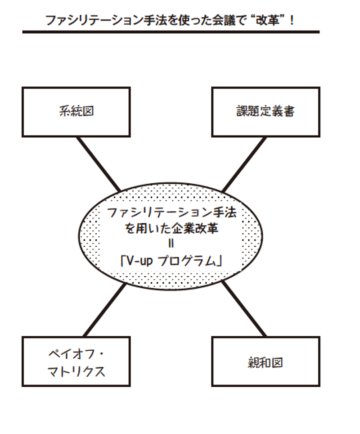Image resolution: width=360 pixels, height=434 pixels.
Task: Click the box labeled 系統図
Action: (76, 112)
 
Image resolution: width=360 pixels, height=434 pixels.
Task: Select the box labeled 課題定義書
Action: (265, 112)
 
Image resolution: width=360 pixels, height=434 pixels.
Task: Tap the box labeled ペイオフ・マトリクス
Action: (76, 361)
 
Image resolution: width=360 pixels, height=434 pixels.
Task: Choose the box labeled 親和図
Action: (265, 361)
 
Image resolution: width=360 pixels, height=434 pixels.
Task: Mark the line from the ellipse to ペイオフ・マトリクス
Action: (104, 311)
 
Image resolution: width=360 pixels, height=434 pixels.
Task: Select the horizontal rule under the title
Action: (171, 32)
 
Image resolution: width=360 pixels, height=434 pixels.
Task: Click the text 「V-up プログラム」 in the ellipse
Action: (172, 261)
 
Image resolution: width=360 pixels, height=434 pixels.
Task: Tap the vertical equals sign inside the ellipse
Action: (171, 245)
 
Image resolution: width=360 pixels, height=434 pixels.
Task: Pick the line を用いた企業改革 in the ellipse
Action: (171, 229)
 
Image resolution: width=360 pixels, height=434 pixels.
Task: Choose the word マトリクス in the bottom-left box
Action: (76, 371)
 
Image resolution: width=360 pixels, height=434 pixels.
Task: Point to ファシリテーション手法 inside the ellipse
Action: (171, 212)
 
